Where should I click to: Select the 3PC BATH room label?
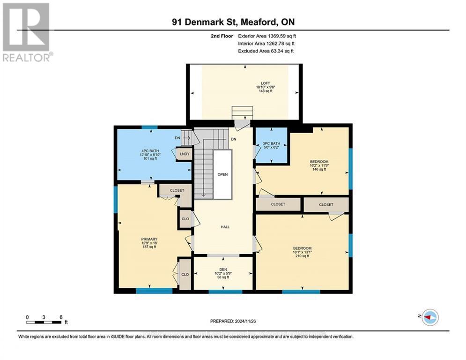coord(271,143)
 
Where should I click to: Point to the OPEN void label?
coord(222,174)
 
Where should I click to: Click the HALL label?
coord(225,227)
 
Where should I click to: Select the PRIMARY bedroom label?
coord(149,239)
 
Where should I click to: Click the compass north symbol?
coord(429,317)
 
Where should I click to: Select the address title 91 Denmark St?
coord(233,22)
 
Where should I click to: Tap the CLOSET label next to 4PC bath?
coord(177,190)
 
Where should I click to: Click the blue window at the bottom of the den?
coord(222,292)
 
